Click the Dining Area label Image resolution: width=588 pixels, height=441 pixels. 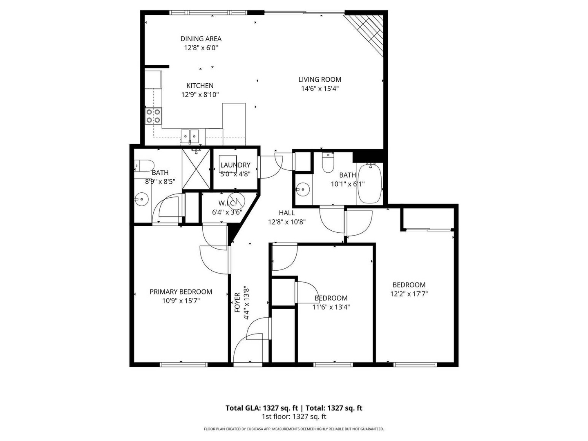point(201,39)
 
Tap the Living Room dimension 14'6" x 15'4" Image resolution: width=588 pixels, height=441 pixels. point(320,89)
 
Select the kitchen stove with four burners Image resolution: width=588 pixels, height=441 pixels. point(153,116)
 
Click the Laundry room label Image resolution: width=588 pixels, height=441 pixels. point(235,165)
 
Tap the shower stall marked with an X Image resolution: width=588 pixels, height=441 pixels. point(196,169)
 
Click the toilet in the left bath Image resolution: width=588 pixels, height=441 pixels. point(144,166)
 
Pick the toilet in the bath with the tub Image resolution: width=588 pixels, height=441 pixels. point(327,163)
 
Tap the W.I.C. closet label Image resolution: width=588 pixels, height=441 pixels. point(227,203)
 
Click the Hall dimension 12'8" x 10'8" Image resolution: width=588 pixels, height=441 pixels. point(287,222)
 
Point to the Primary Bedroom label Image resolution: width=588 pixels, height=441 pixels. point(181,292)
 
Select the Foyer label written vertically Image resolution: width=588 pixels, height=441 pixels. point(237,303)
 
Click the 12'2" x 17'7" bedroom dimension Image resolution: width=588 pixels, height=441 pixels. point(409,294)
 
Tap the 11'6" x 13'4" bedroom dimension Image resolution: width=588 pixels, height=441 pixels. point(331,307)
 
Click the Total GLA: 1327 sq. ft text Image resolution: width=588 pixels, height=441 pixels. point(262,408)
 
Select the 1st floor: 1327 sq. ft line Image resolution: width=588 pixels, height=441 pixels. point(294,416)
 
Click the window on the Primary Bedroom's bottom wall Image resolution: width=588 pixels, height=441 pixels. point(184,365)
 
